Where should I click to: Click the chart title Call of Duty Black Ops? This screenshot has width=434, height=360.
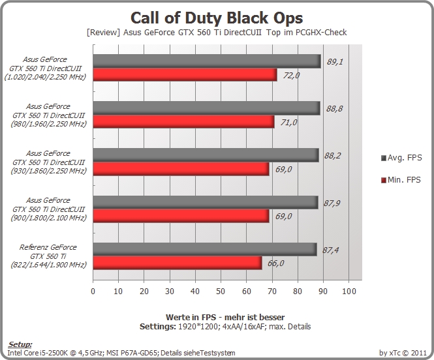pos(217,18)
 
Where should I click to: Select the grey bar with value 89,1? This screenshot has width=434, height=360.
pos(207,61)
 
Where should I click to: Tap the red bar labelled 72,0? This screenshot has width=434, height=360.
pos(185,74)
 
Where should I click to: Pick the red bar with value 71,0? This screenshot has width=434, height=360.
pos(183,122)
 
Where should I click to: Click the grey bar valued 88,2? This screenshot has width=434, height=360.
pos(206,155)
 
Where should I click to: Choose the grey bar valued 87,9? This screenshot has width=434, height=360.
pos(206,202)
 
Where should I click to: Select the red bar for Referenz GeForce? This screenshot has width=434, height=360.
pos(178,263)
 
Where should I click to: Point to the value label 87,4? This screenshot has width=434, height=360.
pos(330,250)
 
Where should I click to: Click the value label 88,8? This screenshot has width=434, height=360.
pos(334,109)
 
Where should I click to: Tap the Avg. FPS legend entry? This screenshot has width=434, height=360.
pos(401,158)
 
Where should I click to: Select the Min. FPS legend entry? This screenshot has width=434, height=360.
pos(401,180)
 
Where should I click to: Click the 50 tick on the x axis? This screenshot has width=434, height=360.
pos(221,291)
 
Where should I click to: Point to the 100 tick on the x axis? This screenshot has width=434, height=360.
pos(349,291)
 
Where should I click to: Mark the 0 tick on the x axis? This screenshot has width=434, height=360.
pos(93,291)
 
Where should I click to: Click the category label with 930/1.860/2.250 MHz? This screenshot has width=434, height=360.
pos(48,162)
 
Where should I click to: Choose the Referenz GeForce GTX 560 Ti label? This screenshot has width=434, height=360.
pos(48,256)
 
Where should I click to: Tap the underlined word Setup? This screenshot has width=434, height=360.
pos(20,344)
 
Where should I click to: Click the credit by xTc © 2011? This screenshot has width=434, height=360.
pos(403,353)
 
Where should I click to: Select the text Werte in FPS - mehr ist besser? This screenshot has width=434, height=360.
pos(225,317)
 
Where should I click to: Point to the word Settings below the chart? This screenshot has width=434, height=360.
pos(157,327)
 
